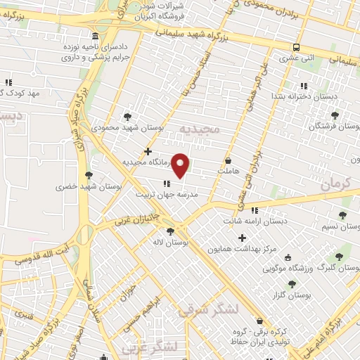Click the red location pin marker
pyautogui.click(x=181, y=165)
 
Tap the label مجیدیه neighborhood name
pyautogui.click(x=200, y=129)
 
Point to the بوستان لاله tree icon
pyautogui.click(x=169, y=231)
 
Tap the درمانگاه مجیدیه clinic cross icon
pyautogui.click(x=148, y=151)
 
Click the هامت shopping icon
pyautogui.click(x=229, y=160)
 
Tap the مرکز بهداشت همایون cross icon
pyautogui.click(x=243, y=238)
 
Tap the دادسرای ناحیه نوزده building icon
pyautogui.click(x=96, y=37)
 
